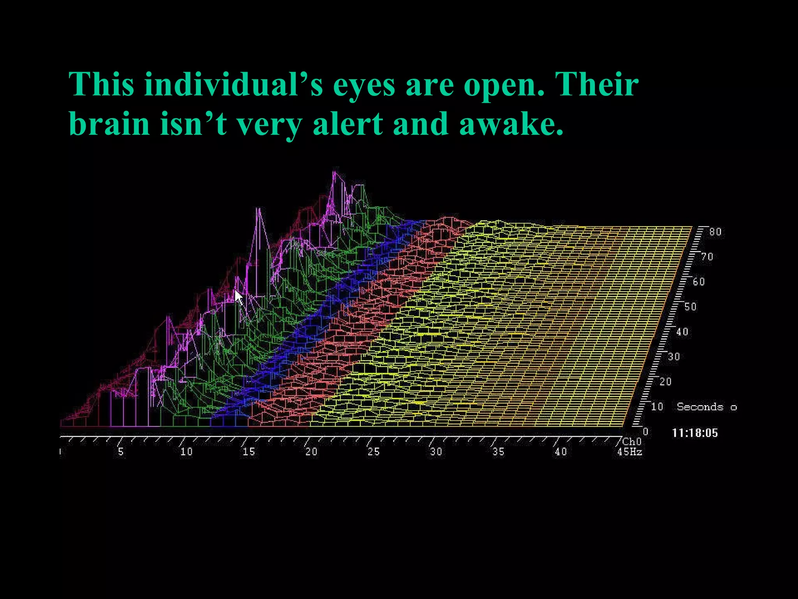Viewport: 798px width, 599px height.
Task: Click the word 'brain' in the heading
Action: coord(109,124)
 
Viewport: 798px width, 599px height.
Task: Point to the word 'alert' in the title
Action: coord(348,124)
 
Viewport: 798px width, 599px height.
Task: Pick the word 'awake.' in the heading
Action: coord(511,124)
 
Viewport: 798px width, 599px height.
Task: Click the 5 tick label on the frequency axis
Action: coord(121,452)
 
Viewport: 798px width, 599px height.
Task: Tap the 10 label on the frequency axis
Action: coord(186,452)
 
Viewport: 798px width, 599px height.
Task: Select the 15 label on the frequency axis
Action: coord(249,452)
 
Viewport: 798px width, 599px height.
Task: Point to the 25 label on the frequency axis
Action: coord(373,452)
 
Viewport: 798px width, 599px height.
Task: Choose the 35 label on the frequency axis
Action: coord(498,452)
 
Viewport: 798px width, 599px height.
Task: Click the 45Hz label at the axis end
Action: coord(630,452)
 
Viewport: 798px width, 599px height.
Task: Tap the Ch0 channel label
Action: coord(632,441)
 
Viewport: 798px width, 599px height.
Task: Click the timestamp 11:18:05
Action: coord(695,433)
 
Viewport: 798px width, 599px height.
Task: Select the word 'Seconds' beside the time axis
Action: coord(700,407)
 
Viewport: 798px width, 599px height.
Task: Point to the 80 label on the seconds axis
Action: coord(715,232)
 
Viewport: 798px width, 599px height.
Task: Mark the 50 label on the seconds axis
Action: coord(690,307)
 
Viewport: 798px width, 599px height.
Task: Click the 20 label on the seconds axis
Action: coord(665,381)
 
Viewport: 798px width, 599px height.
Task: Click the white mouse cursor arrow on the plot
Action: coord(238,297)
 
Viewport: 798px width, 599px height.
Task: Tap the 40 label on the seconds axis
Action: coord(682,331)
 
